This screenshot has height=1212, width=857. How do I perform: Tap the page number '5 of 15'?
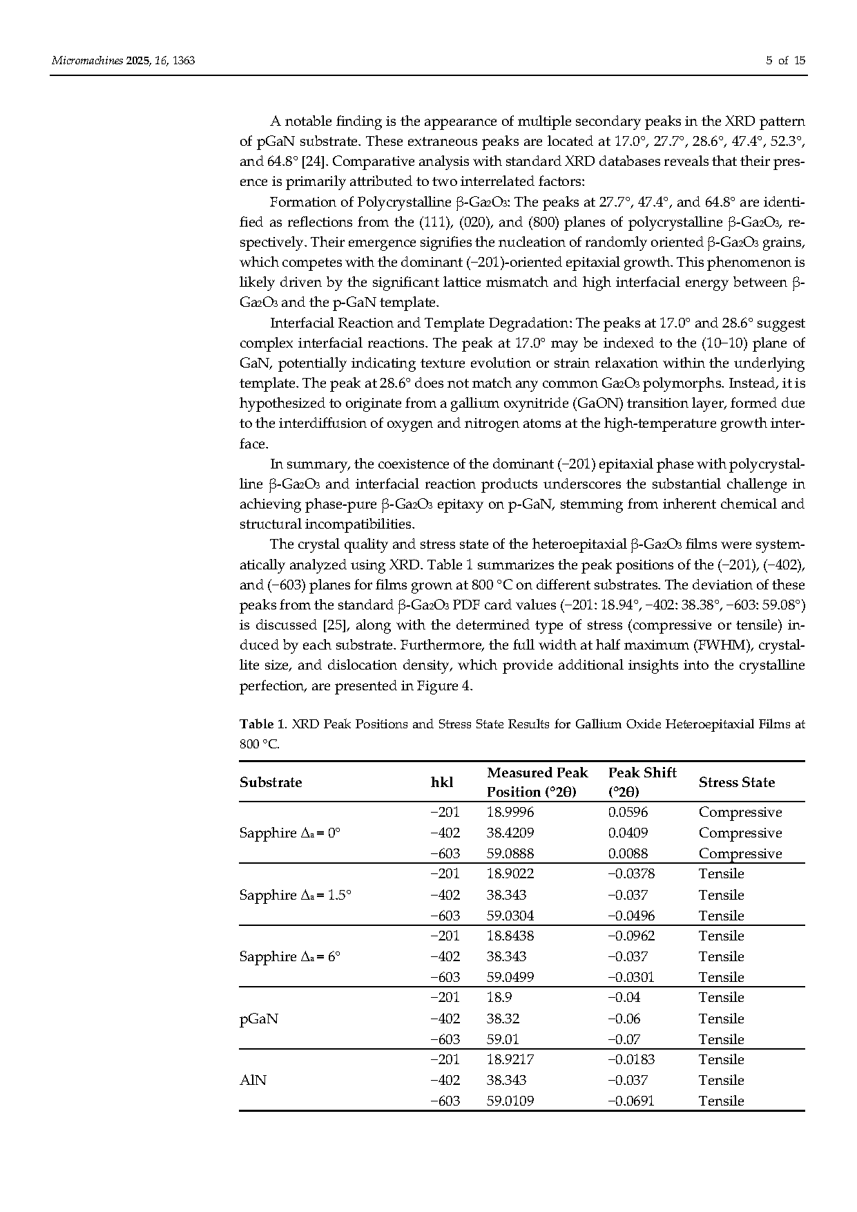click(x=785, y=61)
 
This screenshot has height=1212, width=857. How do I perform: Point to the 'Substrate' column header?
click(x=271, y=782)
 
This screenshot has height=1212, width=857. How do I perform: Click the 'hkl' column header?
click(x=442, y=782)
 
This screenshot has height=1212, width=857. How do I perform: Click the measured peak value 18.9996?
click(x=510, y=813)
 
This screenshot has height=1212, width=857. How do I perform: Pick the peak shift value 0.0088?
click(x=628, y=853)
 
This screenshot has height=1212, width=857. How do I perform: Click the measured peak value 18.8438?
click(x=510, y=936)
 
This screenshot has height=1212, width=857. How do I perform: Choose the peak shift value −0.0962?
click(x=631, y=936)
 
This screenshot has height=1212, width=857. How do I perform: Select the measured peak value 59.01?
click(x=503, y=1039)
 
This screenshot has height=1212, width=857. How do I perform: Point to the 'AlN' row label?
click(x=253, y=1080)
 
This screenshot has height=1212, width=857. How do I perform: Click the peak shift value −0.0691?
click(x=631, y=1101)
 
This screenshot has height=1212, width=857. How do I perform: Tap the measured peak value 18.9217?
click(x=510, y=1059)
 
